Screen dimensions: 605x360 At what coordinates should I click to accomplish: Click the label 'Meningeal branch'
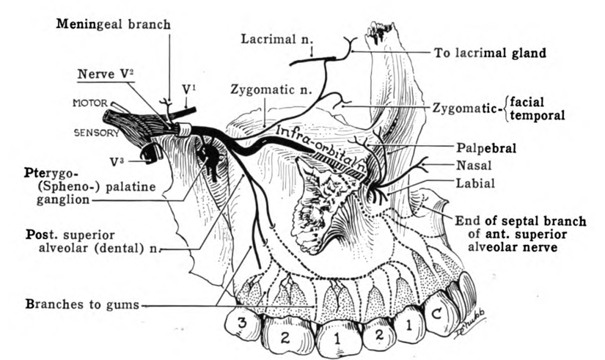pyautogui.click(x=113, y=24)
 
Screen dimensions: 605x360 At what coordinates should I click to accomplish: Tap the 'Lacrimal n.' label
pyautogui.click(x=277, y=39)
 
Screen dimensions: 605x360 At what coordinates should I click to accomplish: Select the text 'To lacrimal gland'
pyautogui.click(x=490, y=53)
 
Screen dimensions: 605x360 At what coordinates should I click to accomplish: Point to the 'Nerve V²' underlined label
pyautogui.click(x=106, y=73)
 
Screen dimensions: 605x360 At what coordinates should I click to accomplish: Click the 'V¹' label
pyautogui.click(x=188, y=89)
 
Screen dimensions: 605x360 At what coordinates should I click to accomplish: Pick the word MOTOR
pyautogui.click(x=90, y=103)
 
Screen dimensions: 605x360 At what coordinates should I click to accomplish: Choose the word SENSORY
pyautogui.click(x=97, y=133)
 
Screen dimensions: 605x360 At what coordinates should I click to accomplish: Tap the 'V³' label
pyautogui.click(x=117, y=162)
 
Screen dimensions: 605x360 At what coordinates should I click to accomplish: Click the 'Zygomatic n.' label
pyautogui.click(x=271, y=89)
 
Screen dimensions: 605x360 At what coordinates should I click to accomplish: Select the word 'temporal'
pyautogui.click(x=537, y=115)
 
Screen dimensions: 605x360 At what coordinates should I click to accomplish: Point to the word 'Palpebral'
pyautogui.click(x=486, y=148)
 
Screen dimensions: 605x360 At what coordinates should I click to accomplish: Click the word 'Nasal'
pyautogui.click(x=474, y=165)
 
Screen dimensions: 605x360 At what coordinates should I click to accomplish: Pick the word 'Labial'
pyautogui.click(x=475, y=183)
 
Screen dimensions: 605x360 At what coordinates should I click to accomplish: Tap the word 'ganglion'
pyautogui.click(x=63, y=200)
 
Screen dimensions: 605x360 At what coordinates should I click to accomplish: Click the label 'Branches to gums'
pyautogui.click(x=82, y=304)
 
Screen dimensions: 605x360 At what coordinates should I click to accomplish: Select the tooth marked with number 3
pyautogui.click(x=243, y=323)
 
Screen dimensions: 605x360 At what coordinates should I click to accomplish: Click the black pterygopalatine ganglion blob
pyautogui.click(x=210, y=157)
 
